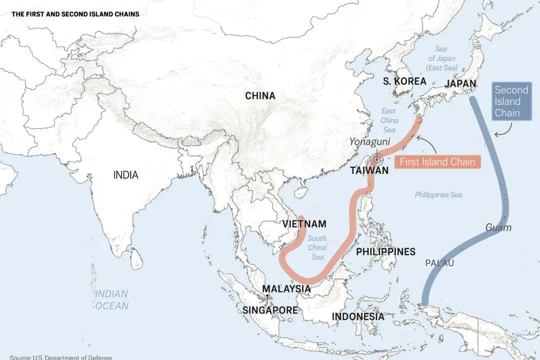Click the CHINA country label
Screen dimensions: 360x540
260,95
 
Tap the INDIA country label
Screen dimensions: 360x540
125,175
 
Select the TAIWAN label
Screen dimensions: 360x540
369,170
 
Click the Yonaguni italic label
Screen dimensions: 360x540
369,142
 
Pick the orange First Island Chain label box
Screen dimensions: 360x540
437,162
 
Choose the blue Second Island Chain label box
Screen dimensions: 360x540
511,101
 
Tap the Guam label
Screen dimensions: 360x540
498,227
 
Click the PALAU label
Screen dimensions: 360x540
439,263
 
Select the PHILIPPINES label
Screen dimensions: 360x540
385,251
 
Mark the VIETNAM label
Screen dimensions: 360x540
304,224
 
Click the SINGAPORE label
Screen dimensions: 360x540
270,310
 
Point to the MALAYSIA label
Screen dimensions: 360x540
286,289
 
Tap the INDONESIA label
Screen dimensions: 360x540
358,316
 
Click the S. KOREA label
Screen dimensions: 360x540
404,81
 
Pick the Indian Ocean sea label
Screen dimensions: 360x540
112,300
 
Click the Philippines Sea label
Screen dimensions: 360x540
438,195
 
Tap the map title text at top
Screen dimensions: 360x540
75,14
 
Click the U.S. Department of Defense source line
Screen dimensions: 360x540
61,357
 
